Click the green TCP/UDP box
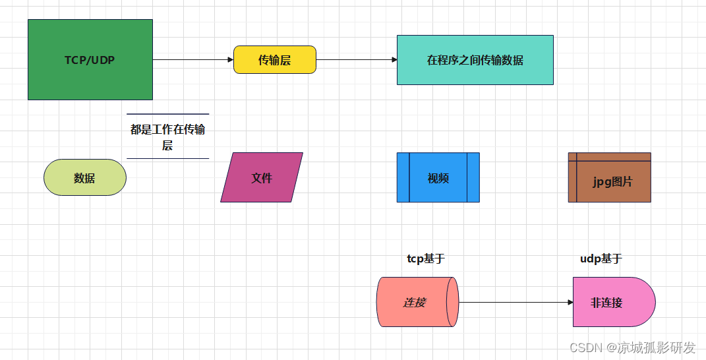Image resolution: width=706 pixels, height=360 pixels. pos(90,59)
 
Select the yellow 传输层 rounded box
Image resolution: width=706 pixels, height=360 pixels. pos(275,59)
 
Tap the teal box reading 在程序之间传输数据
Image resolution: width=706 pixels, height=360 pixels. pos(475,60)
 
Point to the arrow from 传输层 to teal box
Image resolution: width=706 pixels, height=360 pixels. pos(356,59)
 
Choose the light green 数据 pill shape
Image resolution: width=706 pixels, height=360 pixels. pos(84,177)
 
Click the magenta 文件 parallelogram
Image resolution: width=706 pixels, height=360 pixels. pos(262,177)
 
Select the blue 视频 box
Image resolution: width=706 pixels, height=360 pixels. pos(438,177)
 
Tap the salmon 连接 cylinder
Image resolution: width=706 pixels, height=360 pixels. pos(413,302)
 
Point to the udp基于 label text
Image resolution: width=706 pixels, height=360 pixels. pos(601,259)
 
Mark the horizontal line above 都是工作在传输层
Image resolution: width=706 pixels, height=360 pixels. pos(167,114)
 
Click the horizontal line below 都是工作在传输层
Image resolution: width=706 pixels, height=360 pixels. pos(167,158)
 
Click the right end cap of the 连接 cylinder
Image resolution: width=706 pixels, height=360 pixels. pos(452,302)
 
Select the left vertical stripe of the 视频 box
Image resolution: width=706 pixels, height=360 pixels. pos(403,177)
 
